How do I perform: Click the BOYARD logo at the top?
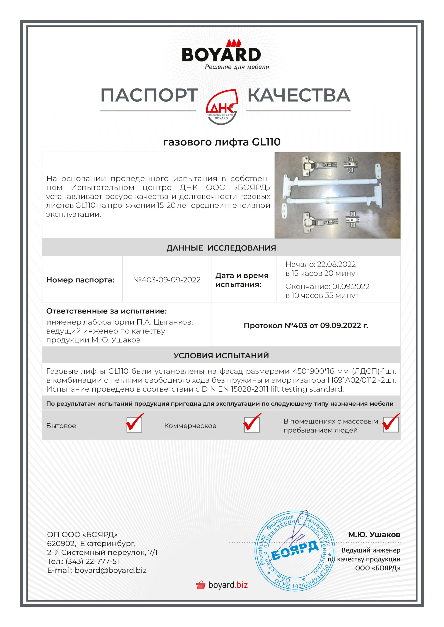[x=221, y=55]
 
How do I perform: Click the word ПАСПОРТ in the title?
[x=149, y=96]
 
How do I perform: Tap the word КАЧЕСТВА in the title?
[x=299, y=96]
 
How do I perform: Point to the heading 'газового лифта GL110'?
[x=222, y=142]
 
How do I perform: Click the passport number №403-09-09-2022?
[x=167, y=280]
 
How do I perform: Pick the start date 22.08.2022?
[x=336, y=264]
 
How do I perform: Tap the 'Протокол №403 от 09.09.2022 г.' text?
[x=306, y=325]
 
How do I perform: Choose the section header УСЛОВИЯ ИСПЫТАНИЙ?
[x=221, y=355]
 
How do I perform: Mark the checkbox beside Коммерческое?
[x=252, y=425]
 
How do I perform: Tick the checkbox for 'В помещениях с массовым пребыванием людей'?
[x=391, y=425]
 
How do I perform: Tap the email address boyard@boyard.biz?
[x=111, y=570]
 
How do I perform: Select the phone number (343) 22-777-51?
[x=92, y=561]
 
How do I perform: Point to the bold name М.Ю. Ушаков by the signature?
[x=374, y=534]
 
